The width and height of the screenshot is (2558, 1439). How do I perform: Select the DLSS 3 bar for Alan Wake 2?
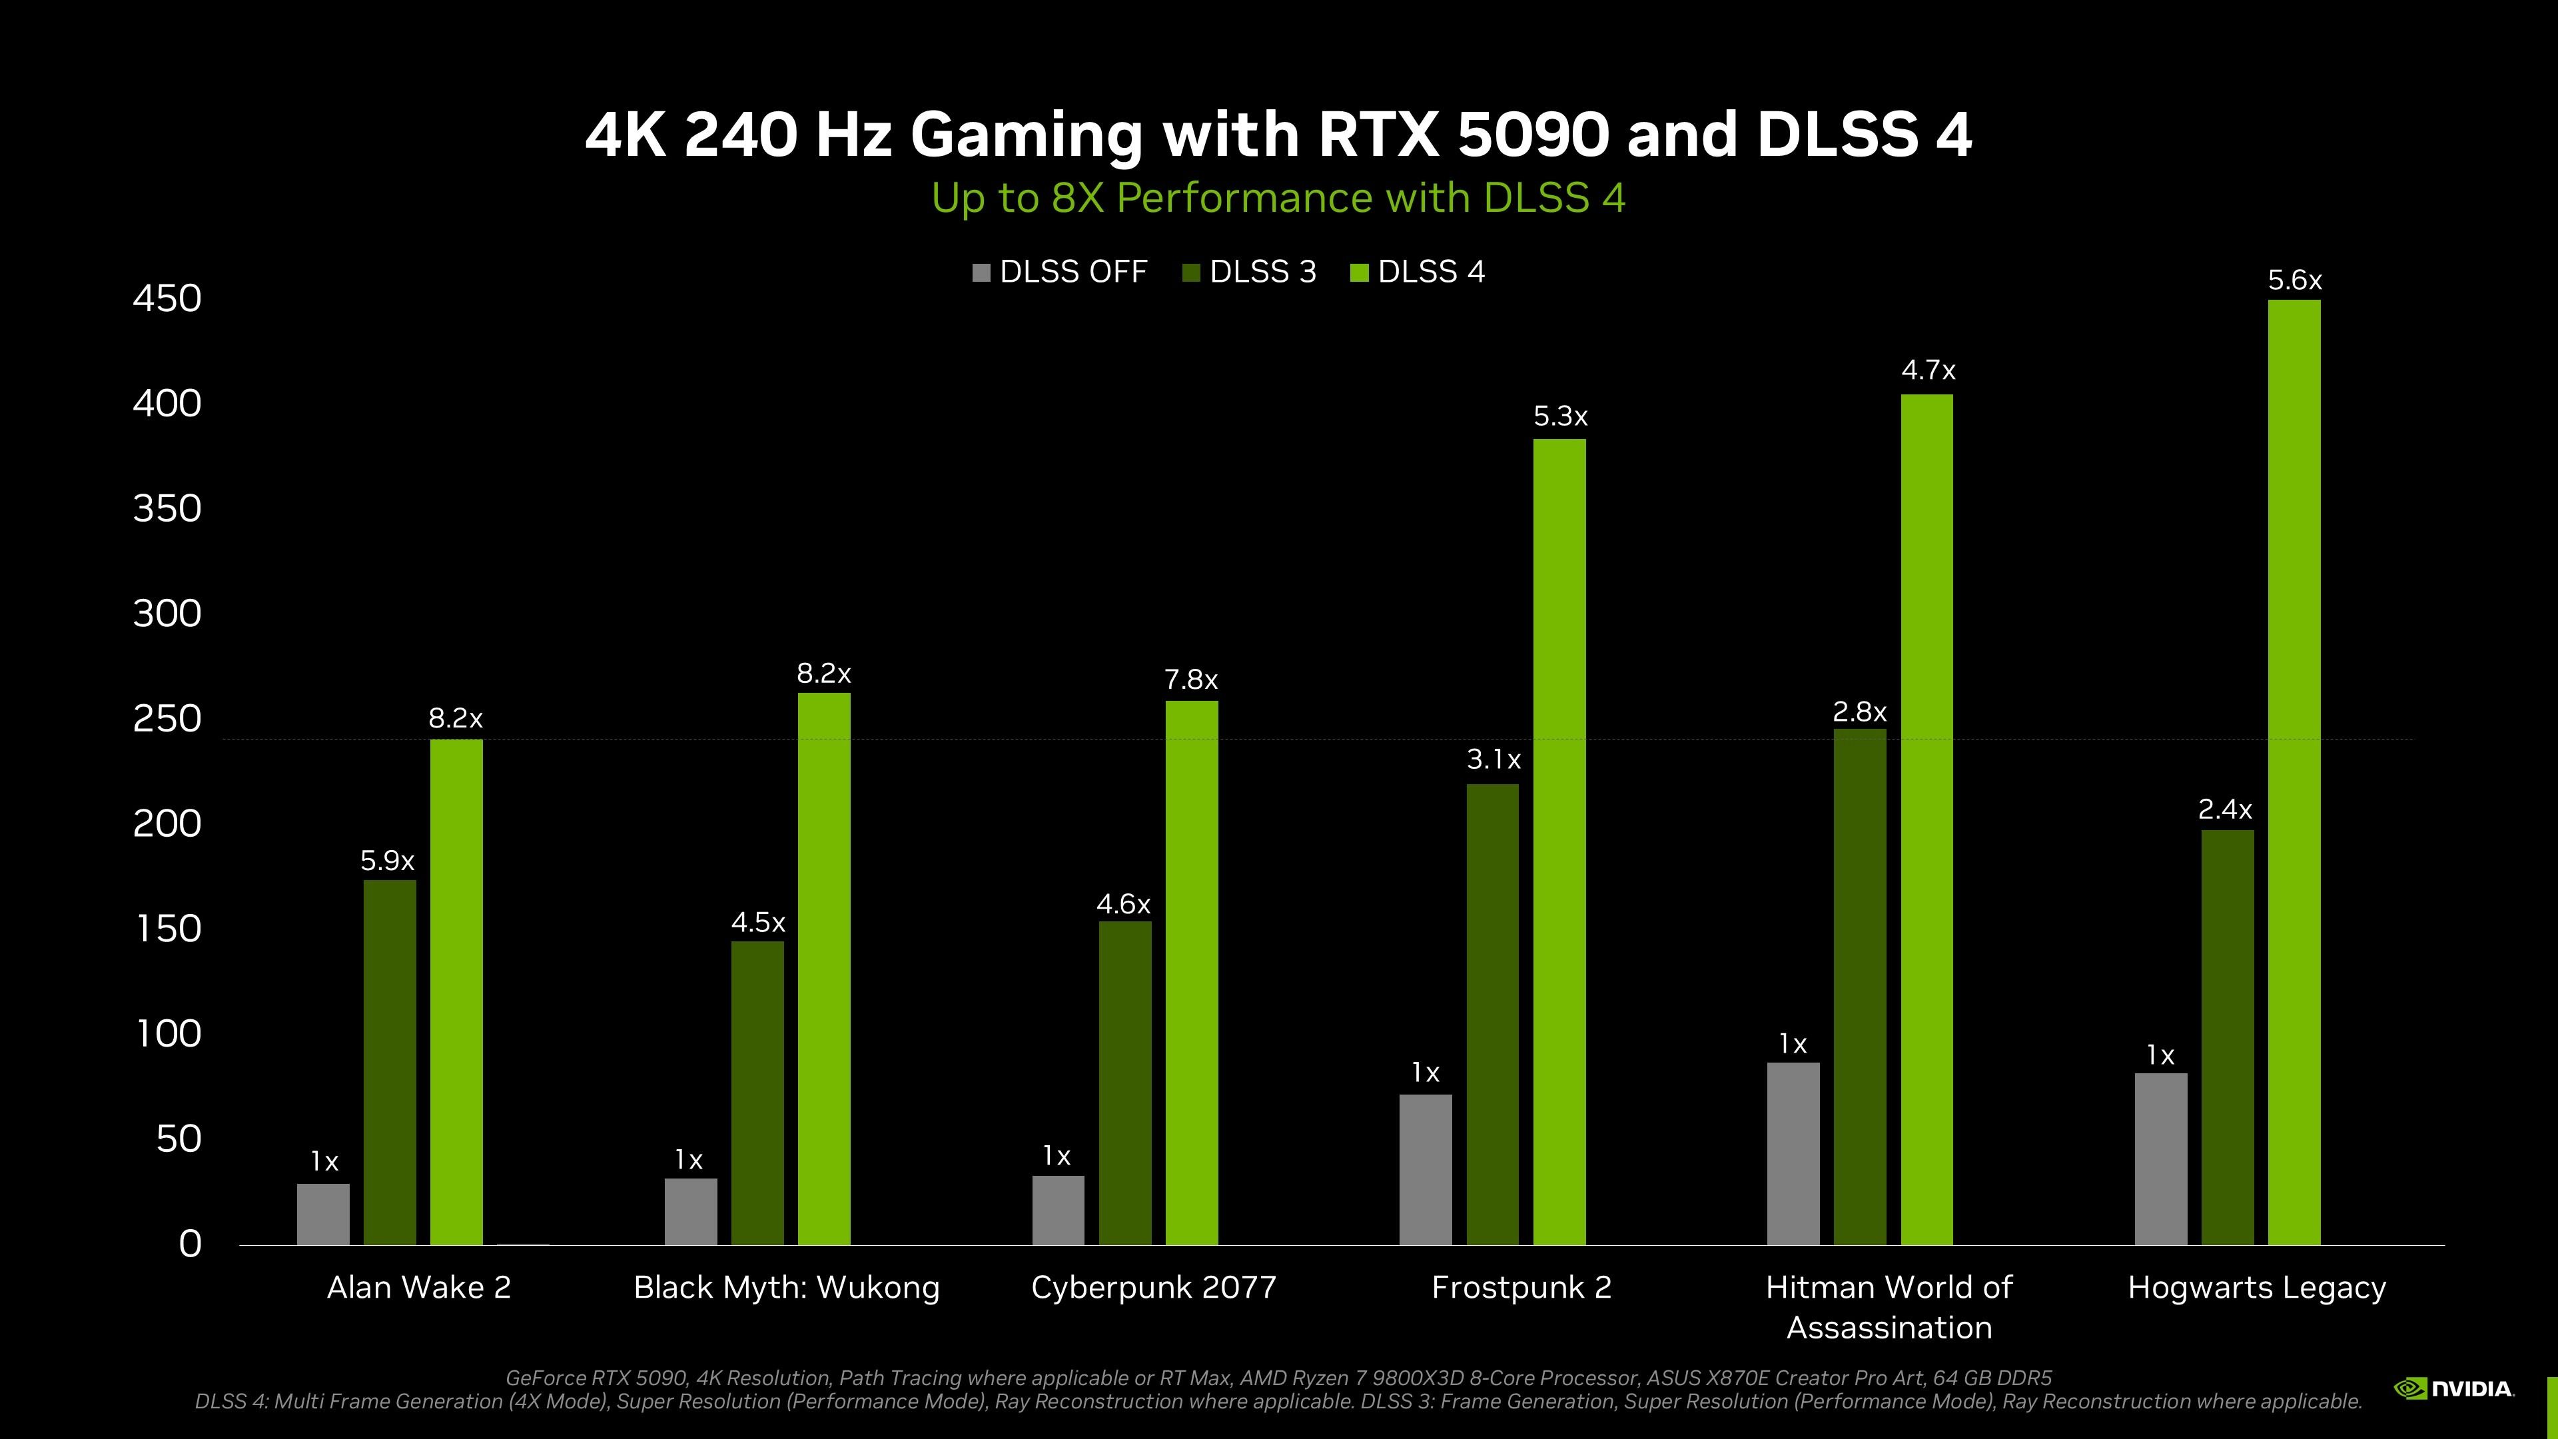click(389, 1062)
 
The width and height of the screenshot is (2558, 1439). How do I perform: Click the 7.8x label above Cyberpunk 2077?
click(1190, 680)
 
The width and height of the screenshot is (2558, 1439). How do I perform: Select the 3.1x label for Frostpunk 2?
click(1492, 759)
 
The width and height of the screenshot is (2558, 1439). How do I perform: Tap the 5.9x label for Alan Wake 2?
click(387, 861)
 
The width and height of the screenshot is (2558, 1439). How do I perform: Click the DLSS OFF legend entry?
click(1060, 272)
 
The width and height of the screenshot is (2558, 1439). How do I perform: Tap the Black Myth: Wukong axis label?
click(785, 1287)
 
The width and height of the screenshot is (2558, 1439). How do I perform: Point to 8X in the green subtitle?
click(1076, 198)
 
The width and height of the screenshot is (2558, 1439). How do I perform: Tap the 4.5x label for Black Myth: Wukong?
click(757, 923)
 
